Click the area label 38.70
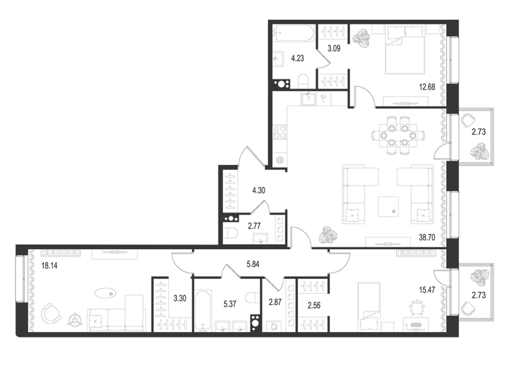[x=427, y=237]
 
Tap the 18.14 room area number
[x=50, y=266]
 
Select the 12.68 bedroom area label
[x=427, y=87]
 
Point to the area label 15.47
[x=427, y=290]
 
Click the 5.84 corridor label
[x=253, y=264]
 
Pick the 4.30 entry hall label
[x=258, y=190]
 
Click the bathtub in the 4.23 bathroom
[x=294, y=34]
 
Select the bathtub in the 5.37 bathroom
[x=203, y=310]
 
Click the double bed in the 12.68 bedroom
[x=405, y=50]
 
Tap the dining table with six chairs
[x=398, y=135]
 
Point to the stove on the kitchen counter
[x=280, y=133]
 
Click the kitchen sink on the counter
[x=308, y=99]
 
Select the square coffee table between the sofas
[x=388, y=206]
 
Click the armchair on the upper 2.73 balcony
[x=468, y=120]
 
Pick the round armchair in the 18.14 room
[x=51, y=312]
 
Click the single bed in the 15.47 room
[x=369, y=306]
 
